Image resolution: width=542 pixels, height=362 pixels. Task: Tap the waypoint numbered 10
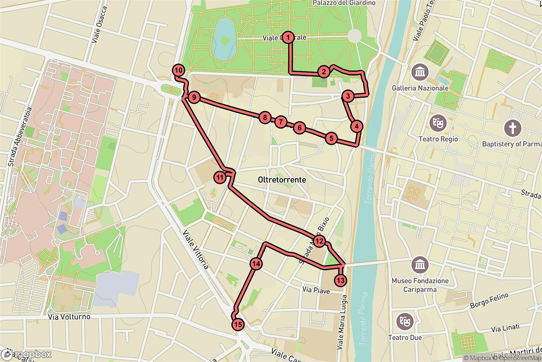179,70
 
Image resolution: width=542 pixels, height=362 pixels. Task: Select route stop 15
238,324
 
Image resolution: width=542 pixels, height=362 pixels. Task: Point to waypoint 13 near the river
341,281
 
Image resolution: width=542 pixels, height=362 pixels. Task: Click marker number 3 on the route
347,96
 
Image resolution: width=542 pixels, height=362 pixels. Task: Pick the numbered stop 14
256,264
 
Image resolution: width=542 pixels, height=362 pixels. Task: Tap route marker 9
193,97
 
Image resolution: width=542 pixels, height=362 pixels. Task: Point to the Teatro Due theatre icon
402,321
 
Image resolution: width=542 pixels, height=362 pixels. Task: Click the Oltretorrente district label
281,180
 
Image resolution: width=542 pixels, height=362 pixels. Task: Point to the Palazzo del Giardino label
344,3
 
